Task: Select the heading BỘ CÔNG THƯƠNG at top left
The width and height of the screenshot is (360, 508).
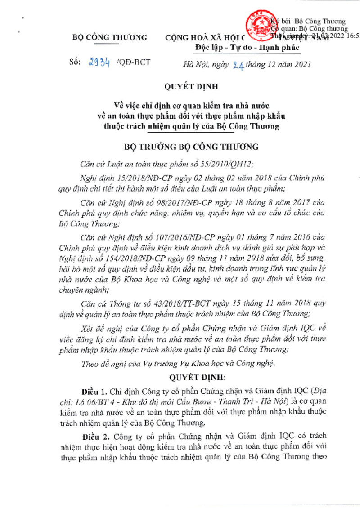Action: (109, 38)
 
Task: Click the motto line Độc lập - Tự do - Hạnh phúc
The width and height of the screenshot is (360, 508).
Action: (247, 48)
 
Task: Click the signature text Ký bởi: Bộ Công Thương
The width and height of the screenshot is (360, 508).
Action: (310, 21)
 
